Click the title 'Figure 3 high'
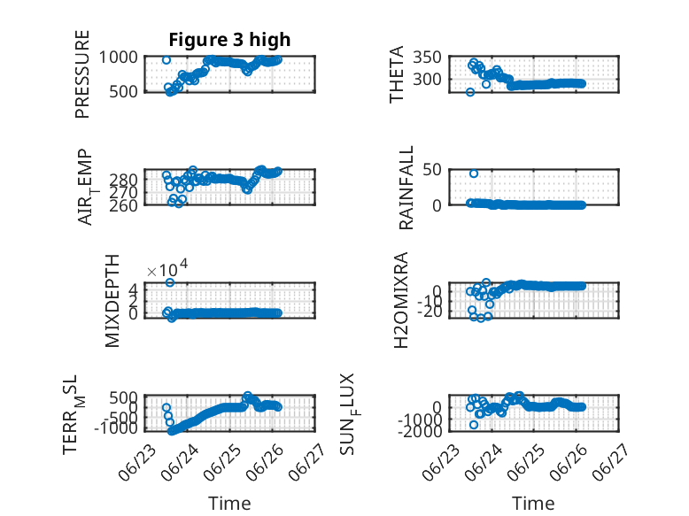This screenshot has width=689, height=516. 229,40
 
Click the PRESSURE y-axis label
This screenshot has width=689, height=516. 82,74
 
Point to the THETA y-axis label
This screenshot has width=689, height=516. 397,74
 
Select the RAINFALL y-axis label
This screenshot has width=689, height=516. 406,188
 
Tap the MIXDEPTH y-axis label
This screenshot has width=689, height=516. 112,301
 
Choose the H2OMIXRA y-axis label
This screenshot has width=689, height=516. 401,300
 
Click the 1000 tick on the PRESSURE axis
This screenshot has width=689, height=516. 118,58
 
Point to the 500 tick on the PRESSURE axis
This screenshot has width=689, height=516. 123,92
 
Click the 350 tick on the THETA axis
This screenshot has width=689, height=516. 427,58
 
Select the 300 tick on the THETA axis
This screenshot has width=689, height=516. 427,80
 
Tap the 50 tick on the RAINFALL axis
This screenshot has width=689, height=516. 432,170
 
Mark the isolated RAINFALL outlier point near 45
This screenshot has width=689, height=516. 473,173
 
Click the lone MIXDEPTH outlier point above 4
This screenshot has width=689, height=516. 170,282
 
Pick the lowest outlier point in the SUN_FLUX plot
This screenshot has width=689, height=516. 473,425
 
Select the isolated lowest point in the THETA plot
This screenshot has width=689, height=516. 470,92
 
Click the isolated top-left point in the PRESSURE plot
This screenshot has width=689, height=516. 166,60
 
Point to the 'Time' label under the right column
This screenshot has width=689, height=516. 533,504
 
